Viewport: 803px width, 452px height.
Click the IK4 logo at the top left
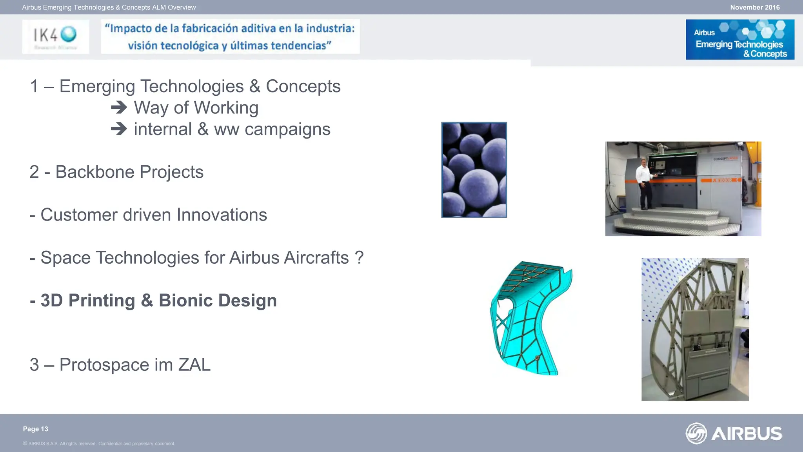pyautogui.click(x=55, y=36)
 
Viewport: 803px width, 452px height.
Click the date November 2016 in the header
pyautogui.click(x=754, y=7)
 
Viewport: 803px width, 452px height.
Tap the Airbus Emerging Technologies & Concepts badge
pyautogui.click(x=739, y=40)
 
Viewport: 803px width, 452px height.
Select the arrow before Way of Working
pyautogui.click(x=119, y=108)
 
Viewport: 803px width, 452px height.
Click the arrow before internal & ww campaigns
pyautogui.click(x=119, y=129)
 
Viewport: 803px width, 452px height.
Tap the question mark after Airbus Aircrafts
pyautogui.click(x=359, y=257)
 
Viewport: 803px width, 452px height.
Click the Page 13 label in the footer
pyautogui.click(x=35, y=429)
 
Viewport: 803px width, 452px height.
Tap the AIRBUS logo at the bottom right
pyautogui.click(x=734, y=433)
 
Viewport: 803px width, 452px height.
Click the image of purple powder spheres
pyautogui.click(x=474, y=170)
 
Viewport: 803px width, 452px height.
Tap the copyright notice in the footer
pyautogui.click(x=99, y=444)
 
